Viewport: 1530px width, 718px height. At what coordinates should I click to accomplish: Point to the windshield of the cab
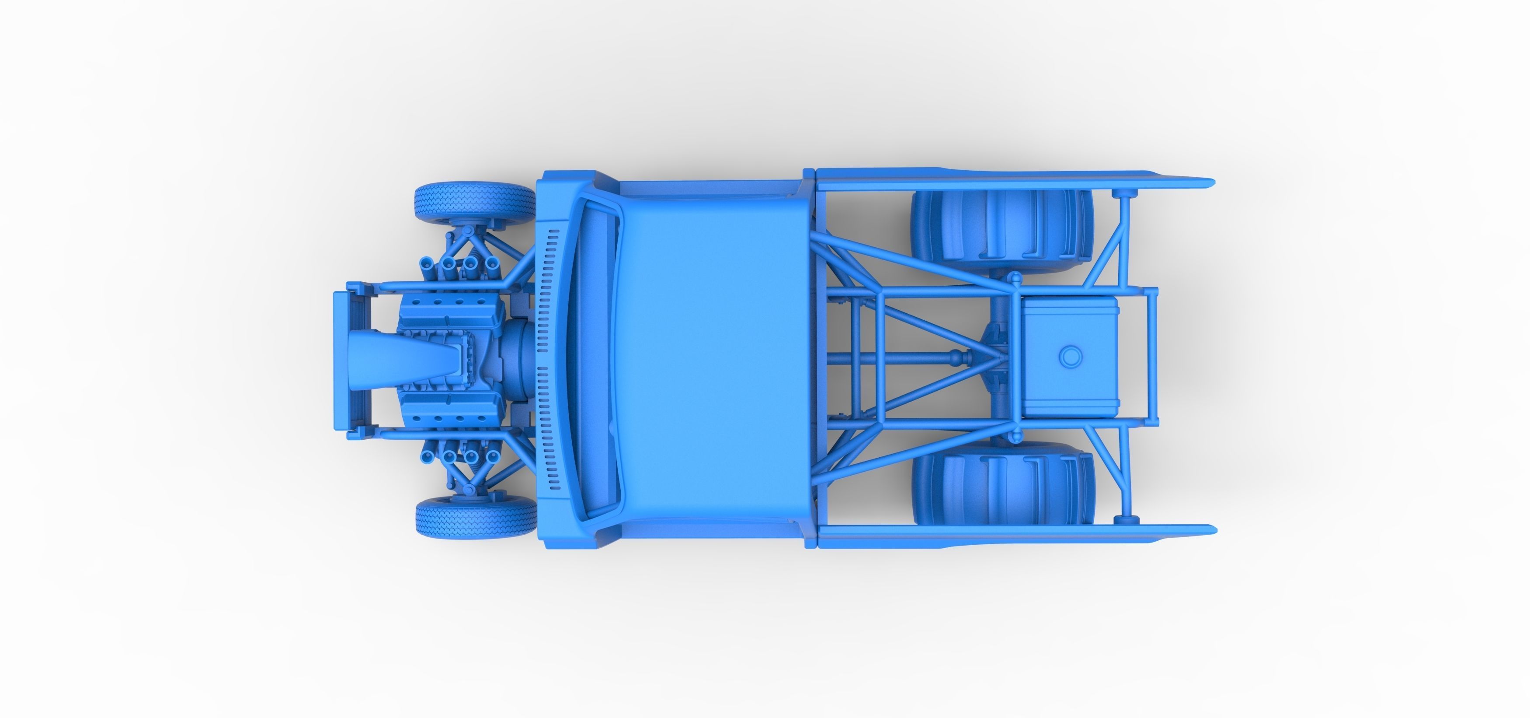pos(594,360)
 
